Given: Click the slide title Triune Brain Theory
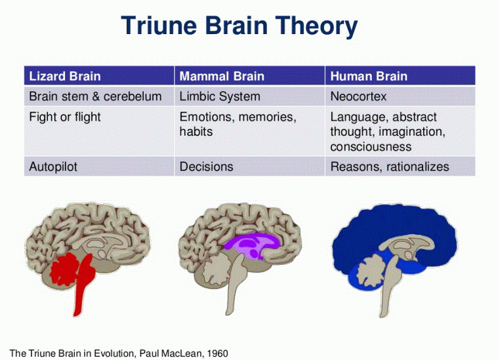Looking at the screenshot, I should tap(239, 27).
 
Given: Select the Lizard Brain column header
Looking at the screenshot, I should tap(65, 76).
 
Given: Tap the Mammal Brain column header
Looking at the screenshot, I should tap(222, 76).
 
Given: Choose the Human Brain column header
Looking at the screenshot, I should tap(369, 76).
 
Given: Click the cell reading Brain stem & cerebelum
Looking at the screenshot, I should tap(95, 96).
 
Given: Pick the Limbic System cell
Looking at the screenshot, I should tap(220, 96).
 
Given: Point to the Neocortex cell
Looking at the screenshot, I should tap(358, 96).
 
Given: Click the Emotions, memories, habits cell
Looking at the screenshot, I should tap(238, 124).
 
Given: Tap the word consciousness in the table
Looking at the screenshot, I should tap(371, 146).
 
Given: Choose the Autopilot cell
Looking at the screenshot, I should tap(53, 167).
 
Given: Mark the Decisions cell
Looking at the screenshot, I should tap(206, 167).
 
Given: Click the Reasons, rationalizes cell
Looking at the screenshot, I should tap(390, 167).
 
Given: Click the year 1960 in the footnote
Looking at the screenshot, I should tap(217, 353).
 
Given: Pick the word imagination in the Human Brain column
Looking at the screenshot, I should tap(413, 132).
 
